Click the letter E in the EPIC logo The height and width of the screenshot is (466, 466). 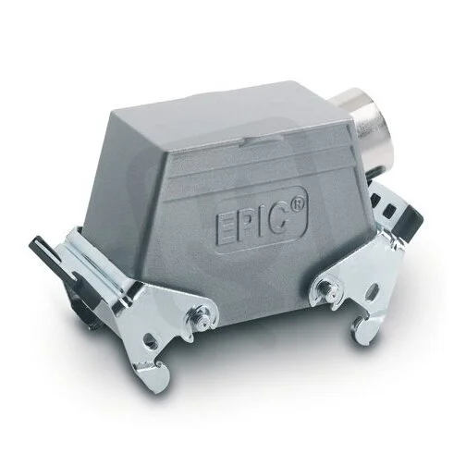227,228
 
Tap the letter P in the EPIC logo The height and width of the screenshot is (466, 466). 247,225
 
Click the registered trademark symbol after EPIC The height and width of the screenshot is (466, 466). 298,203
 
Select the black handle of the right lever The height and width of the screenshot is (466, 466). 408,220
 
